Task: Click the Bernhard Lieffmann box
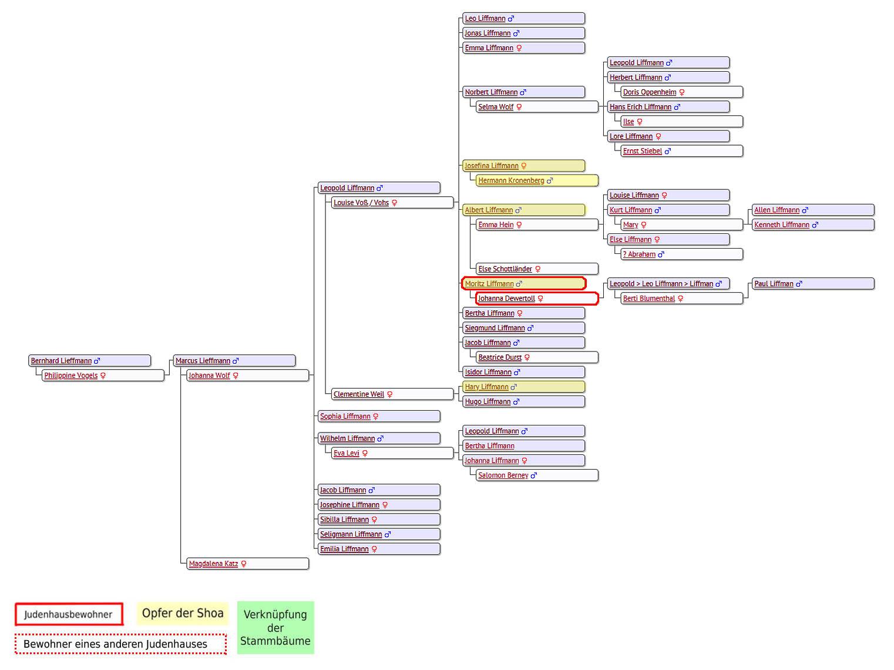point(89,361)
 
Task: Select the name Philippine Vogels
point(71,376)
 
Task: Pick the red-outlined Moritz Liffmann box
point(523,284)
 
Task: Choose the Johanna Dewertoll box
point(537,299)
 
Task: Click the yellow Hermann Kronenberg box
point(537,180)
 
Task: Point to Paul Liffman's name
point(774,284)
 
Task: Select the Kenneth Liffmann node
point(813,225)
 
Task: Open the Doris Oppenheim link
point(649,92)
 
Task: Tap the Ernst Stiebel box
point(681,151)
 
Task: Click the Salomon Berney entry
point(537,475)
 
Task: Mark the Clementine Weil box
point(392,394)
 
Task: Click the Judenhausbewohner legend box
point(69,614)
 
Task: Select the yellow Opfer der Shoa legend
point(183,613)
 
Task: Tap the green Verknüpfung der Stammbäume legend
point(275,627)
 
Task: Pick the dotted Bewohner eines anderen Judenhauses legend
point(120,644)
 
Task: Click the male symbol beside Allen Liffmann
point(805,210)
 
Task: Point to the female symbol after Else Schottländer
point(537,269)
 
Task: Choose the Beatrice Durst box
point(537,357)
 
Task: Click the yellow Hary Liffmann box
point(523,387)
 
